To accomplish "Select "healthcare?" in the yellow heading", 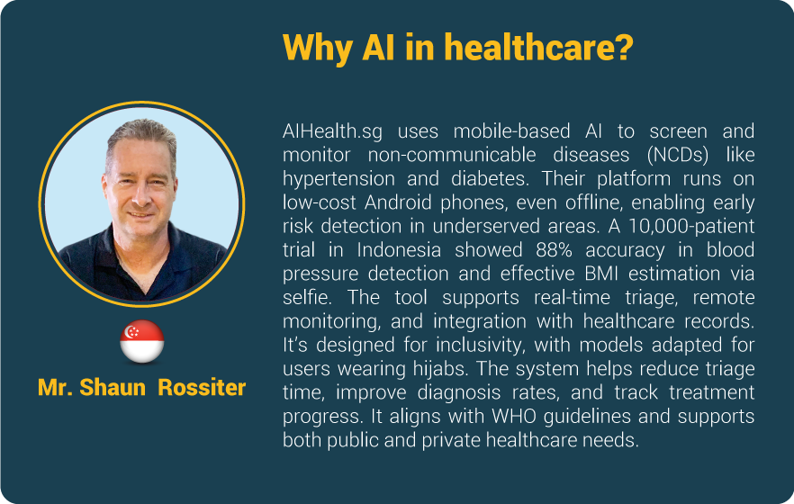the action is click(538, 47).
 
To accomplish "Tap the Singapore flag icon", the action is click(142, 342).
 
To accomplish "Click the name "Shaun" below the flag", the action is click(113, 388).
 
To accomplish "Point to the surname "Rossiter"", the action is click(202, 388).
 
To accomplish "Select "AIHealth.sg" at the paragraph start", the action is click(332, 131).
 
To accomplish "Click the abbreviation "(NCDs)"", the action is click(678, 155).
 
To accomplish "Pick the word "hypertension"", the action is click(338, 179).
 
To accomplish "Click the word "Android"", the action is click(398, 202).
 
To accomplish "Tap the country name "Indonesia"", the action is click(399, 250).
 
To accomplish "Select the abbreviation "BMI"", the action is click(601, 274).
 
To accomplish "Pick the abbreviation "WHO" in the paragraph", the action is click(514, 417).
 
